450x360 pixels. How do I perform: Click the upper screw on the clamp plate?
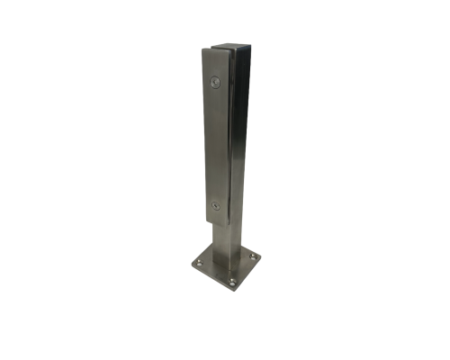point(214,82)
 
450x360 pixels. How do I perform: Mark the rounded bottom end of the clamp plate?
point(216,218)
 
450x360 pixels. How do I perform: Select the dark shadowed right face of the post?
point(240,135)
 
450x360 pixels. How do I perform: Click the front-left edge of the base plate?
point(211,279)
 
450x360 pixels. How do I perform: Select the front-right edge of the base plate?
point(248,275)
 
